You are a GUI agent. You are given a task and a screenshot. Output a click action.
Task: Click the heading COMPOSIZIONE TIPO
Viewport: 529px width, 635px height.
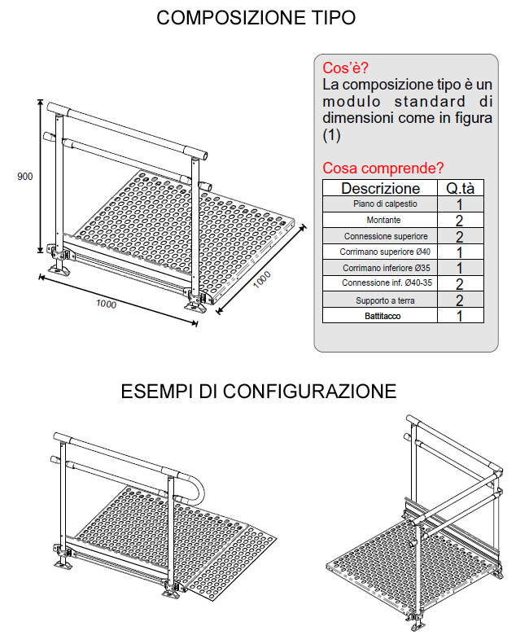tap(256, 18)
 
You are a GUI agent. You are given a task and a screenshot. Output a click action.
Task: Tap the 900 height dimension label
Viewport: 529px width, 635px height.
tap(24, 177)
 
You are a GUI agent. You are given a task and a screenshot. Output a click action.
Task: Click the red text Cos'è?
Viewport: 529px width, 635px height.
tap(345, 68)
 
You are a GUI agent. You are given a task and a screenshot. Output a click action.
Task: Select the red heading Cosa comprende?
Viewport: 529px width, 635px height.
tap(383, 168)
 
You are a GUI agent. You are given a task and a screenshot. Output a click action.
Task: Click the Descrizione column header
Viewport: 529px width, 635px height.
tap(380, 188)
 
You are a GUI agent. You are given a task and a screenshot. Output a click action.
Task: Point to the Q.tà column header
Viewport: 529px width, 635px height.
tap(460, 188)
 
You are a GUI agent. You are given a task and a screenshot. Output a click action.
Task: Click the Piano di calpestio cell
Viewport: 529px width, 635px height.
tap(385, 204)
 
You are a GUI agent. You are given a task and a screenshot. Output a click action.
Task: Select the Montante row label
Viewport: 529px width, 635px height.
tap(383, 220)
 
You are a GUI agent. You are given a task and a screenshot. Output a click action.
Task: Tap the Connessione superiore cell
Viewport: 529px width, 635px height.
tap(386, 236)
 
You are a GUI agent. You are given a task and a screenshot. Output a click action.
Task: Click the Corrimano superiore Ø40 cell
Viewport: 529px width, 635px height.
tap(385, 252)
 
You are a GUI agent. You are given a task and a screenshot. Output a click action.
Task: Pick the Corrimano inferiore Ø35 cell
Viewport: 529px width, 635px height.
tap(386, 268)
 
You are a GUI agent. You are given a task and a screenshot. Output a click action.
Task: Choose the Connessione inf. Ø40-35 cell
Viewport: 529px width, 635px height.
tap(387, 282)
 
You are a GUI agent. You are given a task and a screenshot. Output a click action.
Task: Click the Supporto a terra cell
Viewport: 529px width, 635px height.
tap(385, 300)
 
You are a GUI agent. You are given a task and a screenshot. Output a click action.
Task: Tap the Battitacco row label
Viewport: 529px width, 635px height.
tap(383, 316)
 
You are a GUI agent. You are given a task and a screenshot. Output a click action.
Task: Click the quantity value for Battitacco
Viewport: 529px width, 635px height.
tap(459, 316)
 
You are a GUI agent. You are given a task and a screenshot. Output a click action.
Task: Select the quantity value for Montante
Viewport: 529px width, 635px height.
tap(459, 221)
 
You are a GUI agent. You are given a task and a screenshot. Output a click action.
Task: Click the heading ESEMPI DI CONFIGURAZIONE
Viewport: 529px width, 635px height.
tap(259, 392)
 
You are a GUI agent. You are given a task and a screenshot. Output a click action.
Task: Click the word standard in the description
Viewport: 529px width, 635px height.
tap(431, 101)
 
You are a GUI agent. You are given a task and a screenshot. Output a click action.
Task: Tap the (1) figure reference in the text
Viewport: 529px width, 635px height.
tap(331, 135)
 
